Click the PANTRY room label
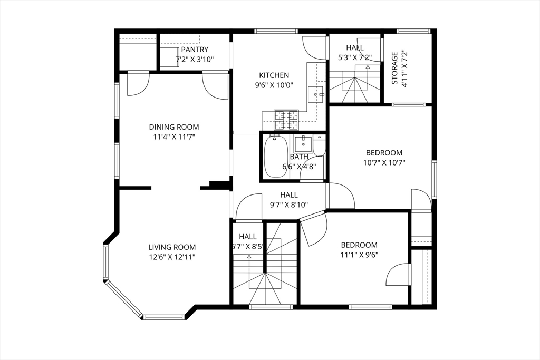coord(195,50)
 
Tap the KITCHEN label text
coord(274,75)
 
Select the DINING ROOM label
coord(174,127)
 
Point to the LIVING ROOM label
coord(172,247)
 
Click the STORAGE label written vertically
coord(394,68)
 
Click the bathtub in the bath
coord(275,157)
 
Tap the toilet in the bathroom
coord(319,146)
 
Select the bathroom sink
coord(303,144)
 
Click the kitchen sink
coord(316,94)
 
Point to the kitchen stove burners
coord(286,120)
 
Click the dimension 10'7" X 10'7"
coord(384,162)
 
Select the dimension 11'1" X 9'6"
coord(359,255)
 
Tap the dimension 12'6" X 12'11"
coord(172,257)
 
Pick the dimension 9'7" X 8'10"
coord(288,205)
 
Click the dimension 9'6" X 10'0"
coord(274,85)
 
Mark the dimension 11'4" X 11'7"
coord(174,137)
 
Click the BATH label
coord(299,157)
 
